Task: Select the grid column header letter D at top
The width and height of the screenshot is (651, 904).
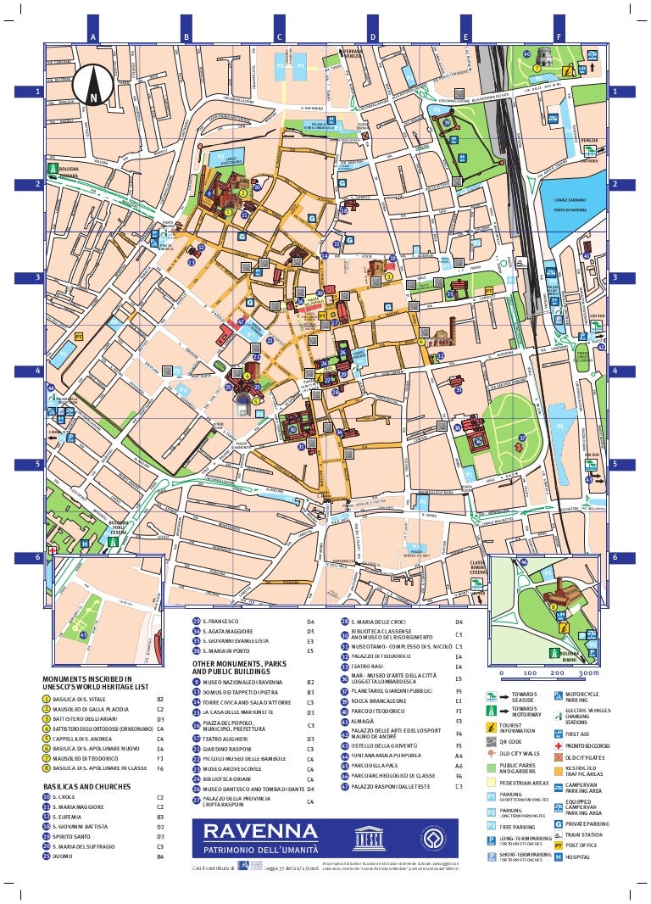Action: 372,36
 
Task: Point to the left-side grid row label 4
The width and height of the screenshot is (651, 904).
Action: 37,371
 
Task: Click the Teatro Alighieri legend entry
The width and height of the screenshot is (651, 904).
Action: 224,739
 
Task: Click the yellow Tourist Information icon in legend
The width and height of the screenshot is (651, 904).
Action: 492,728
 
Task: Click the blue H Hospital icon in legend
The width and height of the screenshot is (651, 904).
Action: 559,857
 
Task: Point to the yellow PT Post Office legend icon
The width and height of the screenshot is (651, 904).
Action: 559,845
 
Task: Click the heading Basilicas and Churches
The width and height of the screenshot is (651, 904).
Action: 87,786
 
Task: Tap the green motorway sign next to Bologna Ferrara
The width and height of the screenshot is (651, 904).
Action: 53,170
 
